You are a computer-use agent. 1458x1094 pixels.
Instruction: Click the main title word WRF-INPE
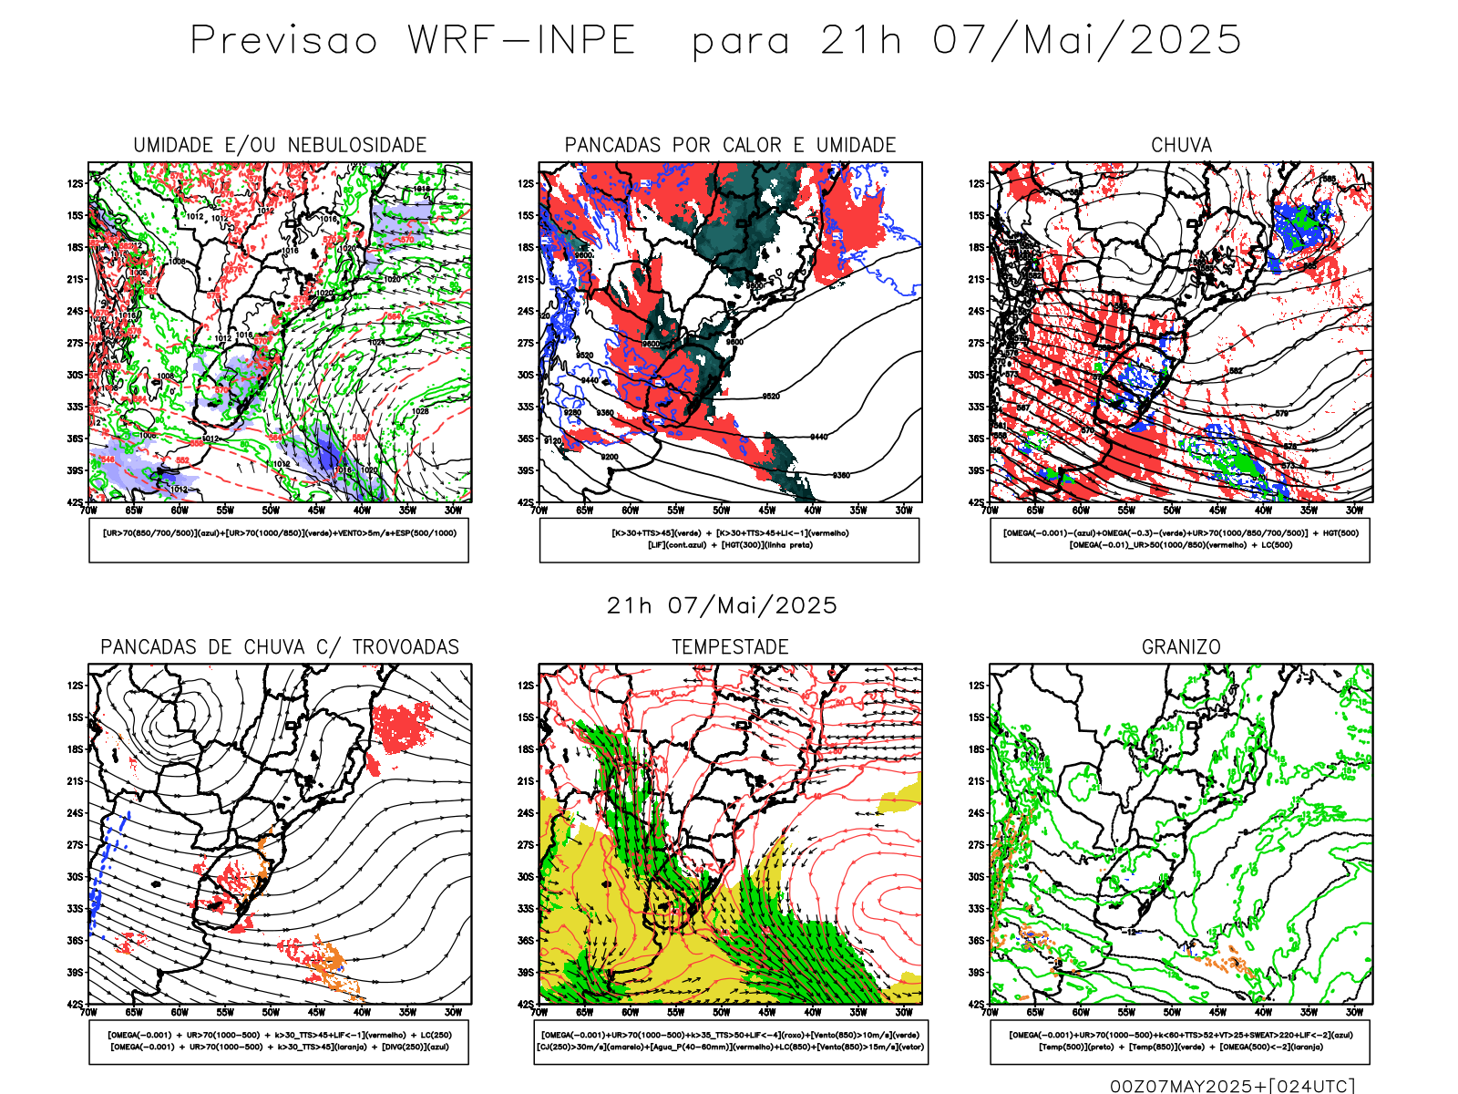pos(521,40)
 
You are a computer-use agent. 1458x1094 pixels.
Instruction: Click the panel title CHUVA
pos(1181,145)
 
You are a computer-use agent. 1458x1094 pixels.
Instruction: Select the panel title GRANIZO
pos(1181,646)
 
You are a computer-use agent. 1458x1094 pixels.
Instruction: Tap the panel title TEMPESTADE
pos(730,646)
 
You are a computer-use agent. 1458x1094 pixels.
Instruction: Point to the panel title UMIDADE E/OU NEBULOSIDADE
pos(280,145)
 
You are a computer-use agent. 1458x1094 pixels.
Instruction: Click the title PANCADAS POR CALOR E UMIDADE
pos(730,145)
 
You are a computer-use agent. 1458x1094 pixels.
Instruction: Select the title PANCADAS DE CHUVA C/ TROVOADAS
pos(280,646)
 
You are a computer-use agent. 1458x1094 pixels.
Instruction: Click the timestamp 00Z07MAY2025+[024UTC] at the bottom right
pos(1232,1086)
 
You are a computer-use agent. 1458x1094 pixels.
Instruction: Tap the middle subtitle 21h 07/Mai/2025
pos(722,605)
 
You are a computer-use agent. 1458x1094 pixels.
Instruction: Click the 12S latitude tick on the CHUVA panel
pos(977,183)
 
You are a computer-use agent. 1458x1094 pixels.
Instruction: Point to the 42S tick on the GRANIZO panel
pos(977,1004)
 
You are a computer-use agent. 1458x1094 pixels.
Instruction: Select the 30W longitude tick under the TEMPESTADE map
pos(903,1012)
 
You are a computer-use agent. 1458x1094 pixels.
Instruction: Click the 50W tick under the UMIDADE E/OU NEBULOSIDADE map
pos(271,511)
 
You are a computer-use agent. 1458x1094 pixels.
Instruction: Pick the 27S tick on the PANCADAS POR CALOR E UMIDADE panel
pos(526,343)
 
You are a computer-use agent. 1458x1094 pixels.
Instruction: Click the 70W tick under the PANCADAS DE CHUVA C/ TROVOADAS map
pos(88,1012)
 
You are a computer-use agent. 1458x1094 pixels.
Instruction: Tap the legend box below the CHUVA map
pos(1180,540)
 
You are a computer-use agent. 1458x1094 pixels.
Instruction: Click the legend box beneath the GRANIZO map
pos(1180,1041)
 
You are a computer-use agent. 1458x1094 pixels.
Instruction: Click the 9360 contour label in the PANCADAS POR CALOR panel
pos(841,475)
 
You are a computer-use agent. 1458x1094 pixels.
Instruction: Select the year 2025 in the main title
pos(1186,40)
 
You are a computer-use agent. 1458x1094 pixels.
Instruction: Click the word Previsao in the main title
pos(283,40)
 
